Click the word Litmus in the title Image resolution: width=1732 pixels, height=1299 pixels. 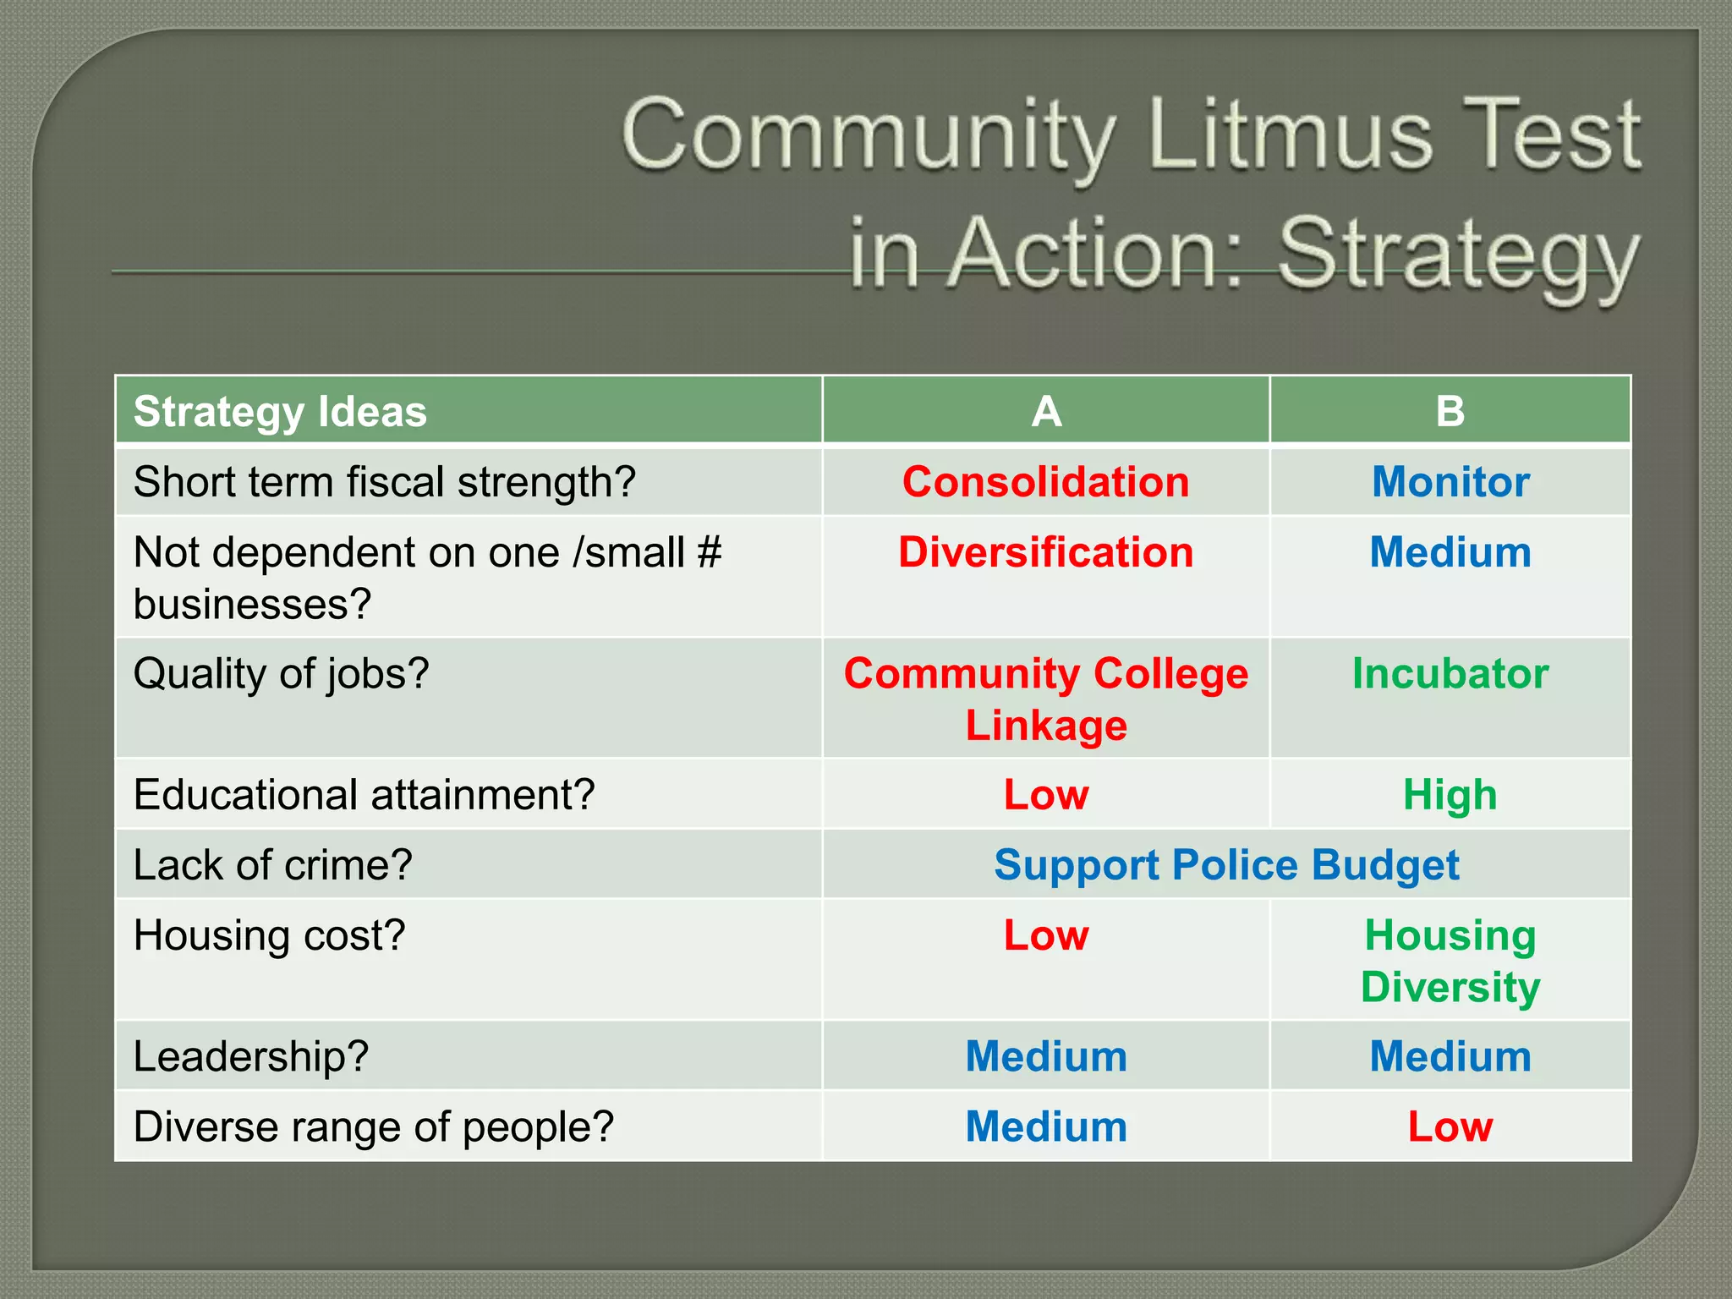[x=1291, y=135]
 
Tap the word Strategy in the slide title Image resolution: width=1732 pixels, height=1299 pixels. [x=1459, y=255]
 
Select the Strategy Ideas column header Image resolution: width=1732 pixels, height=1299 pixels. [x=280, y=412]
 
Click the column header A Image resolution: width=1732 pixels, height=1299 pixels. [x=1046, y=412]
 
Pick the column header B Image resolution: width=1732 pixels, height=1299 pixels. [x=1450, y=412]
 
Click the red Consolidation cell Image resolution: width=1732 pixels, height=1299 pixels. [x=1046, y=482]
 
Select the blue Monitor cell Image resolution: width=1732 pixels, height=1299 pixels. [x=1450, y=482]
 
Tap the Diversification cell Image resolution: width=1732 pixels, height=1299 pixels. [x=1046, y=552]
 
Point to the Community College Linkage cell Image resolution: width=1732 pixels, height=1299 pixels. [x=1046, y=699]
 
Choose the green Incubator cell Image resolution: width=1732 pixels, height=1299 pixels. [x=1450, y=674]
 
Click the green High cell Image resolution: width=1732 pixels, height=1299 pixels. [x=1450, y=795]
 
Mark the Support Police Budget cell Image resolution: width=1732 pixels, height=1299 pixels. [x=1226, y=865]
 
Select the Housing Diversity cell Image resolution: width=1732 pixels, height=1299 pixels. [x=1450, y=961]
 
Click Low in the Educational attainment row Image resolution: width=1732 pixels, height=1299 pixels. [x=1046, y=795]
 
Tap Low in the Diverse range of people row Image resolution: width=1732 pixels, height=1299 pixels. [x=1450, y=1126]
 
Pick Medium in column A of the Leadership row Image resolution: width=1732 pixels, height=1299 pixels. [x=1046, y=1056]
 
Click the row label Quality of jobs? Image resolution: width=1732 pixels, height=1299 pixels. [x=282, y=674]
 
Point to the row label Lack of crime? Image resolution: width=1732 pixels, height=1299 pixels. [x=272, y=865]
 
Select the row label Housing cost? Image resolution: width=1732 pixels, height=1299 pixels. [x=269, y=935]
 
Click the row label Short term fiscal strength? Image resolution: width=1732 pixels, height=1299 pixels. [x=384, y=482]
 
